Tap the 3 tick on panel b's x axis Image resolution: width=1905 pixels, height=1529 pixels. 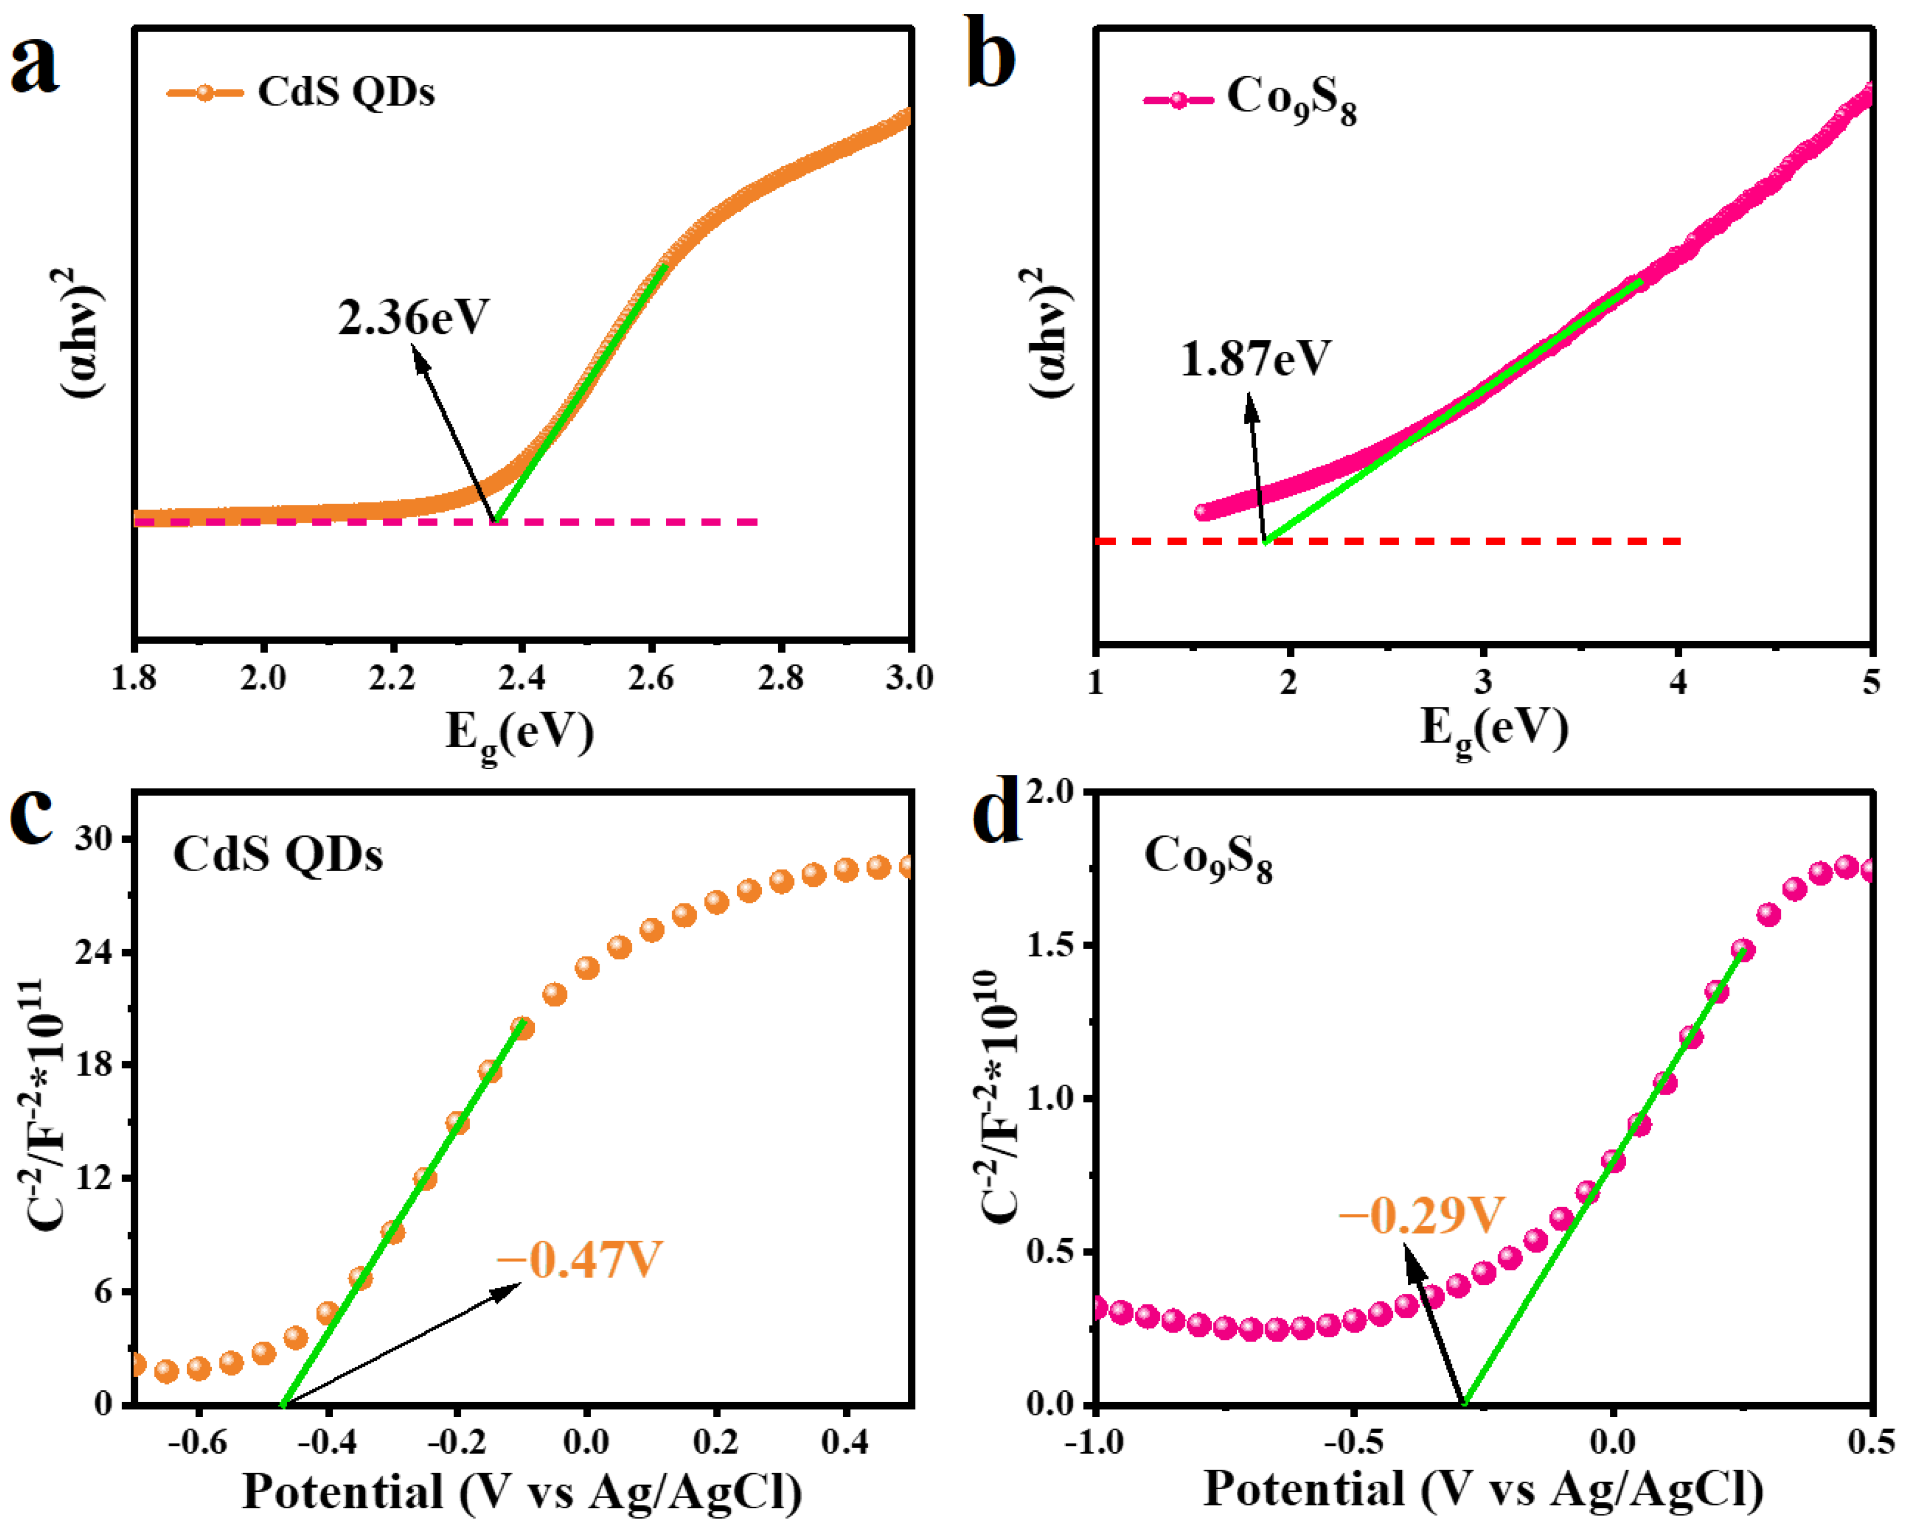pos(1483,682)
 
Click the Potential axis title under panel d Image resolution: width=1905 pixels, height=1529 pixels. pos(1482,1488)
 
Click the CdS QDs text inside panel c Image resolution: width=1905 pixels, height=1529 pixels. pos(277,854)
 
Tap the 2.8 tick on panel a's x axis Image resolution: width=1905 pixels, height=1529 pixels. pos(781,678)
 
